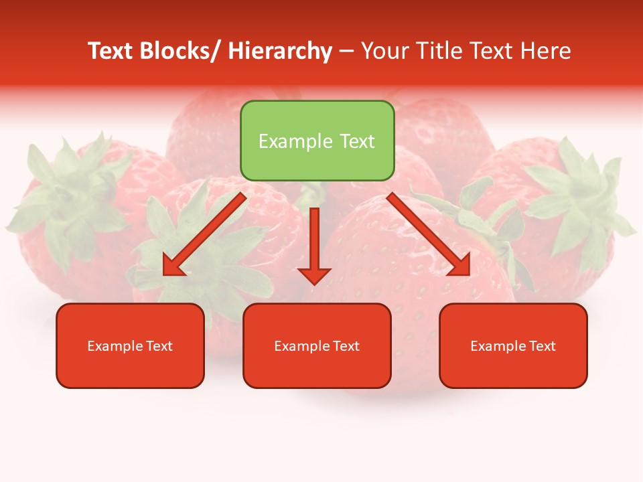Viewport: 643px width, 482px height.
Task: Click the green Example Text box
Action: [317, 141]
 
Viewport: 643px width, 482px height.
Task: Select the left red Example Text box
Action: [130, 345]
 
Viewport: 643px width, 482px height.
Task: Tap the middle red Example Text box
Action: [317, 345]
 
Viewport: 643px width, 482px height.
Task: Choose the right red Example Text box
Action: [513, 345]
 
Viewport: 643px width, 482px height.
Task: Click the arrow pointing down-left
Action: [204, 234]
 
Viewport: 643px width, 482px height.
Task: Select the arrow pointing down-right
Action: [429, 234]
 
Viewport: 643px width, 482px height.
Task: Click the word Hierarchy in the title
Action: [280, 51]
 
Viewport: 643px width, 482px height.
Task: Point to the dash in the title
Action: [346, 52]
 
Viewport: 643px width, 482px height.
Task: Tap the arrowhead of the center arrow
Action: [314, 275]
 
